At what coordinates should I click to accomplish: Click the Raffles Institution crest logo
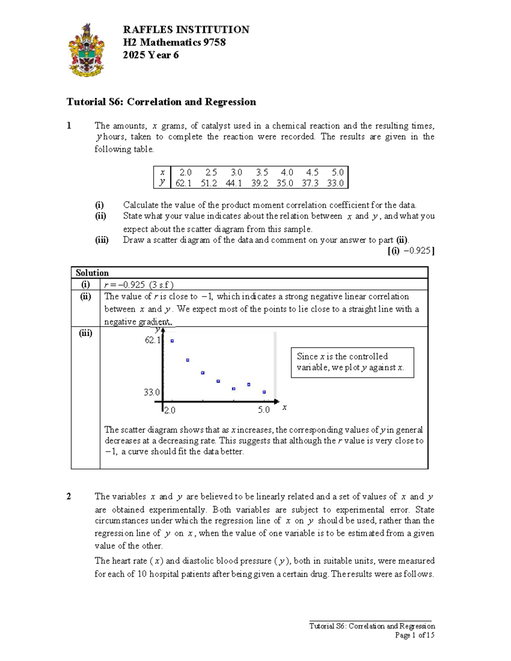coord(86,50)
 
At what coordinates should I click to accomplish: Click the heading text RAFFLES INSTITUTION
coord(186,30)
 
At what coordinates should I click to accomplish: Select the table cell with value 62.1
coord(184,183)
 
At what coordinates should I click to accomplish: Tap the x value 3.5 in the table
coord(261,172)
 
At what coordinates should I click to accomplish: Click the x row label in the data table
coord(162,172)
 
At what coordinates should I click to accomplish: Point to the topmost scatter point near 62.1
coord(172,341)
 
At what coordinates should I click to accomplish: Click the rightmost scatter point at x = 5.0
coord(264,392)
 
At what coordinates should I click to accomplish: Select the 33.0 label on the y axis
coord(152,392)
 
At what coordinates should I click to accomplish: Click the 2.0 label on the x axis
coord(169,410)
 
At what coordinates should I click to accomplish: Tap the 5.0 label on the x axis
coord(264,410)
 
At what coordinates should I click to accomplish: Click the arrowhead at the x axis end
coord(276,401)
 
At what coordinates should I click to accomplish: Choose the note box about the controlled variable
coord(352,362)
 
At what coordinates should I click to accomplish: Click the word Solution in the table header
coord(92,273)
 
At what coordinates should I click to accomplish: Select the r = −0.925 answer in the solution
coord(139,285)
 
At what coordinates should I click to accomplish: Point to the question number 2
coord(69,496)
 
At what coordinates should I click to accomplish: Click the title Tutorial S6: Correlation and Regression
coord(161,102)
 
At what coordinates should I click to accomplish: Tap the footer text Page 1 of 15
coord(414,635)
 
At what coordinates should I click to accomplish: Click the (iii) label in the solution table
coord(86,333)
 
